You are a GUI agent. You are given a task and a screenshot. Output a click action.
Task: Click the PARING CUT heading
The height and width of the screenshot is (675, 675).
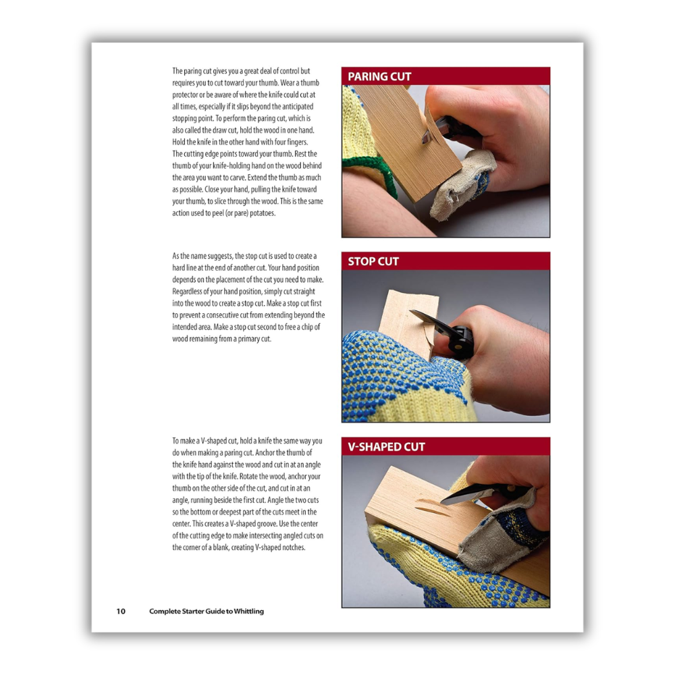point(379,77)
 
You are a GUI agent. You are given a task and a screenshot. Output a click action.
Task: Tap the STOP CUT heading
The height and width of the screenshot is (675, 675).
point(373,261)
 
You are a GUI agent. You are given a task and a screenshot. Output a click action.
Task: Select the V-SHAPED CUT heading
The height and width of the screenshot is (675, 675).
point(386,447)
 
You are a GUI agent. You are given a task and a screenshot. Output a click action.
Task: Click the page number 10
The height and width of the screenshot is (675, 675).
point(121,612)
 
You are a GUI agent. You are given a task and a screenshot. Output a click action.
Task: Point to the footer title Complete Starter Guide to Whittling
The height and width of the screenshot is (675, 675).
point(207,612)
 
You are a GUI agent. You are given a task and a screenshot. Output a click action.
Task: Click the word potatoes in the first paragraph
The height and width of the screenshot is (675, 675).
point(263,213)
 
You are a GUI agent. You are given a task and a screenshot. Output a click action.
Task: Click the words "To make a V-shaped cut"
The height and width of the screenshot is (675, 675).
point(205,441)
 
